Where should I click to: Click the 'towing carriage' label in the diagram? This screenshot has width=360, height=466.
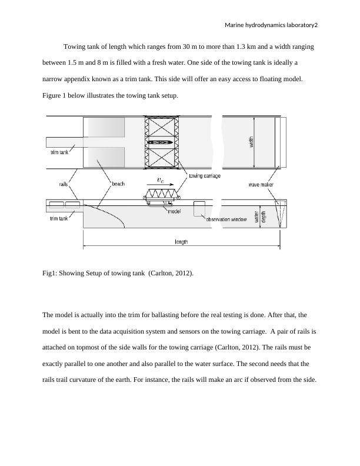click(x=205, y=176)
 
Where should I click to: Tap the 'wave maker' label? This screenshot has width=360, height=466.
click(x=261, y=185)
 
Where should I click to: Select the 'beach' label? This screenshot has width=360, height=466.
click(x=118, y=184)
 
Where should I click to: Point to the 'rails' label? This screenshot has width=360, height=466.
click(x=64, y=184)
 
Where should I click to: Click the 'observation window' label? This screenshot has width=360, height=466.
click(x=226, y=219)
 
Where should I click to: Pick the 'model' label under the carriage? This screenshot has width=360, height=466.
click(x=174, y=211)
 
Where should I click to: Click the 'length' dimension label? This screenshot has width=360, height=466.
click(x=181, y=242)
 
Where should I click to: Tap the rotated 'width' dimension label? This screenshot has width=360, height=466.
click(x=251, y=142)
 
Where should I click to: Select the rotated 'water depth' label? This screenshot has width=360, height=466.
click(x=260, y=217)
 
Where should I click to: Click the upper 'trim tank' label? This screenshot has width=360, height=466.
click(x=59, y=152)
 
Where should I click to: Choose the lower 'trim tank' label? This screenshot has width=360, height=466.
click(x=59, y=218)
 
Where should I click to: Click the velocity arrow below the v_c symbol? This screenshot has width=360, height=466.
click(x=161, y=185)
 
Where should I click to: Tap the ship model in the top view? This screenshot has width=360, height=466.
click(x=160, y=142)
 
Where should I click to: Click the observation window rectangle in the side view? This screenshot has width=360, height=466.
click(x=199, y=209)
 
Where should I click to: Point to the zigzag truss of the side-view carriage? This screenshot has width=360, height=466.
click(x=161, y=194)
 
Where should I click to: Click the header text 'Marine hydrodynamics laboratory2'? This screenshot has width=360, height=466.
click(x=271, y=25)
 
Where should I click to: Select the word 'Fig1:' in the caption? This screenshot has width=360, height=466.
click(x=50, y=273)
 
